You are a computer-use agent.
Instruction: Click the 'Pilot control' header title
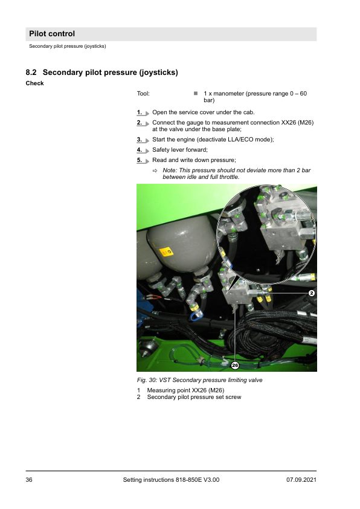click(52, 34)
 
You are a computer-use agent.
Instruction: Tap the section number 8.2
click(31, 73)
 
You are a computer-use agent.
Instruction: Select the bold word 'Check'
click(34, 83)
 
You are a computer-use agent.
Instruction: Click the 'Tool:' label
click(143, 94)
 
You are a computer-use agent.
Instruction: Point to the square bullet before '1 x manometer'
click(196, 94)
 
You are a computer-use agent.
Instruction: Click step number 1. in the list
click(140, 112)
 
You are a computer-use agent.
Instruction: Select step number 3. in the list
click(140, 140)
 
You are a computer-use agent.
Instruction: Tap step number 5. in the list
click(140, 160)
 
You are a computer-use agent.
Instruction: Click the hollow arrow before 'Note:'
click(155, 170)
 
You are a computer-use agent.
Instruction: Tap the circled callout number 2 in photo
click(312, 293)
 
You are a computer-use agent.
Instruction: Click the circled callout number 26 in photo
click(235, 365)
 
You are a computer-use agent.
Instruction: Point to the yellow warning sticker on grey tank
click(166, 251)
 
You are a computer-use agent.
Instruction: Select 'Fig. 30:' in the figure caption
click(147, 380)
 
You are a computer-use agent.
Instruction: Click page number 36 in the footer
click(29, 480)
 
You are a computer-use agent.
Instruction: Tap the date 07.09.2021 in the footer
click(301, 480)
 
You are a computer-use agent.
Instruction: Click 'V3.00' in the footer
click(211, 480)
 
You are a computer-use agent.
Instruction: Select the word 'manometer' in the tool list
click(229, 94)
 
